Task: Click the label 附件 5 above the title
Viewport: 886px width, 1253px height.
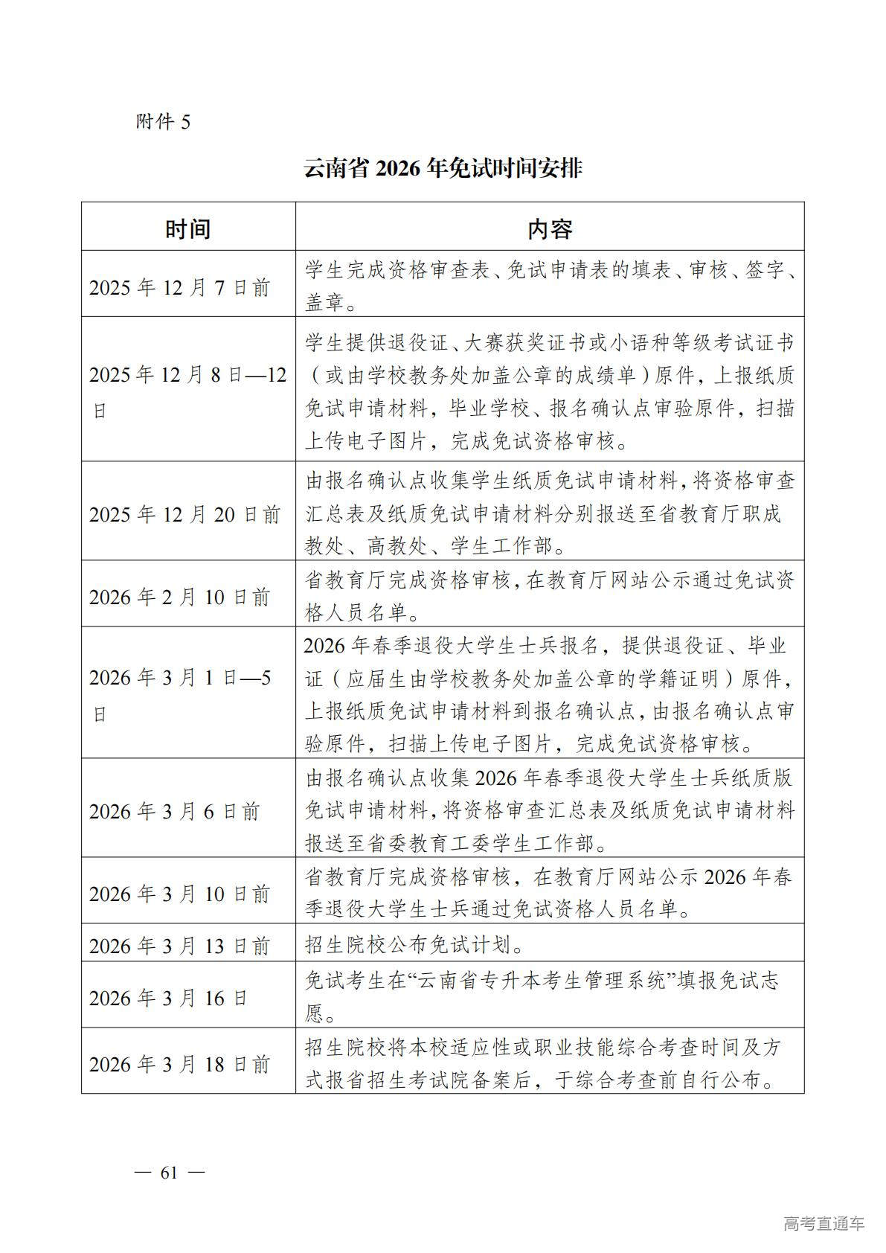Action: (163, 121)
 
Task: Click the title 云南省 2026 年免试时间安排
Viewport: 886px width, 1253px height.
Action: (443, 168)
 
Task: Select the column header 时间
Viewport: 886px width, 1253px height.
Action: (187, 228)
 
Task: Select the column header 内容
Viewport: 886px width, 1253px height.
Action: (549, 228)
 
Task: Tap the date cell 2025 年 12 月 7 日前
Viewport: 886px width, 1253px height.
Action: (179, 288)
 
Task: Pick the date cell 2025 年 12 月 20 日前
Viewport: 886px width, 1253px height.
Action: (184, 514)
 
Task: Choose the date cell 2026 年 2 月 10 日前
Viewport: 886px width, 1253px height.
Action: (179, 597)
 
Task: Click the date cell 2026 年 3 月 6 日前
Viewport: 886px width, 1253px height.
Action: (174, 811)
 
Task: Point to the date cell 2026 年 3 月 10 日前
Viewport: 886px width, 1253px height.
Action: (179, 894)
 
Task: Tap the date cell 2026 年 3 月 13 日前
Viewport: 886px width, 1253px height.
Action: (179, 946)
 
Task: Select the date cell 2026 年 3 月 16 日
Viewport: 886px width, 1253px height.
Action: (168, 998)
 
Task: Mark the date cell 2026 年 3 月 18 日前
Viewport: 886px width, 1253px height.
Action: (179, 1064)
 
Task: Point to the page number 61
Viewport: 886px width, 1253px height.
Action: (169, 1173)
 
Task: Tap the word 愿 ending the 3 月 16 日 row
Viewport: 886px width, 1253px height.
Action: (314, 1013)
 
